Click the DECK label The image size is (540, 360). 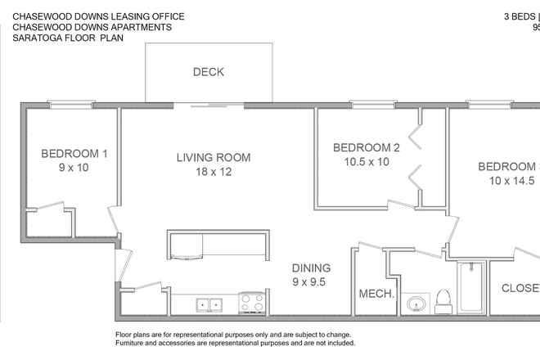(x=209, y=72)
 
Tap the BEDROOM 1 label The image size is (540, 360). (x=74, y=153)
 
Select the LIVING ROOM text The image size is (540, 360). (x=214, y=158)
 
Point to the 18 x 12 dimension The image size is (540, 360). (x=214, y=173)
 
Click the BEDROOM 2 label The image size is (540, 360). (x=366, y=147)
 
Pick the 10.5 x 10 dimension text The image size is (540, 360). (x=367, y=162)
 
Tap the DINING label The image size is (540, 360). (x=312, y=268)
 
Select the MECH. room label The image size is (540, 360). (x=376, y=294)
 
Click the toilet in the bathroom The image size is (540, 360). (x=444, y=301)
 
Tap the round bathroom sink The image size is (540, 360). (x=416, y=304)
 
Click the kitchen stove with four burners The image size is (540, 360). (x=250, y=304)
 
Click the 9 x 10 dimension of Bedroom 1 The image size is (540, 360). (x=74, y=168)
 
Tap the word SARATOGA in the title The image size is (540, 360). (x=41, y=38)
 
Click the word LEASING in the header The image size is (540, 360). (x=126, y=16)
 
